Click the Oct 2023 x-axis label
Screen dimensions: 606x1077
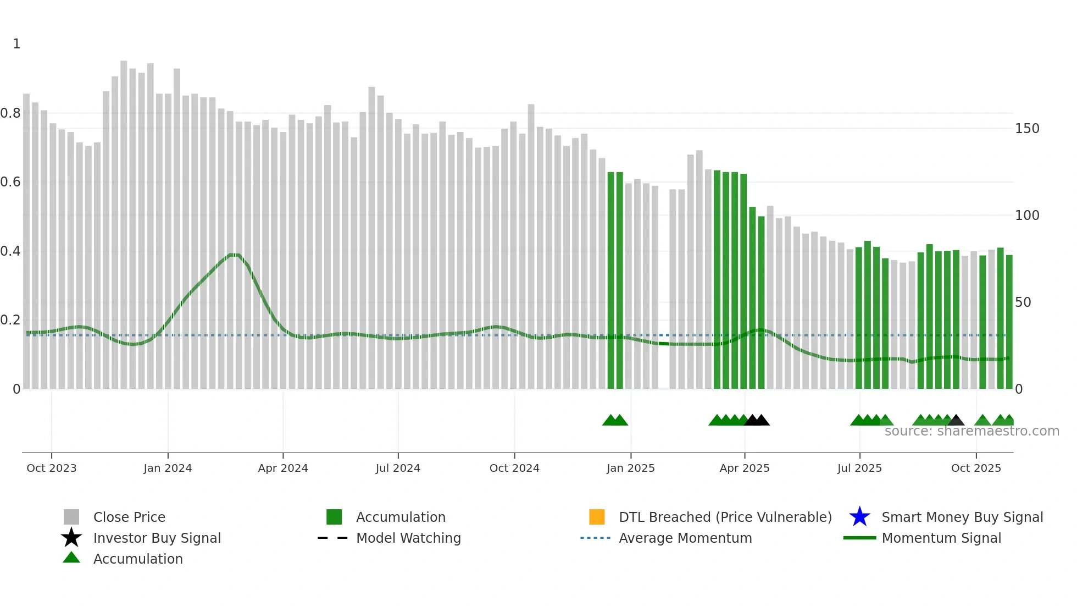(52, 468)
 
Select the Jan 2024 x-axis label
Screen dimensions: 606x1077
(168, 468)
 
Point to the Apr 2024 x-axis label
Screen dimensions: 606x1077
(283, 468)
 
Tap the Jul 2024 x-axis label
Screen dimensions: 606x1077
(398, 468)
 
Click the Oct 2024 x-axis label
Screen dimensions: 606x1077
(514, 468)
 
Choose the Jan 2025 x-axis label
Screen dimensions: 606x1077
(631, 468)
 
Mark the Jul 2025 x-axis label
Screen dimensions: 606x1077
(859, 468)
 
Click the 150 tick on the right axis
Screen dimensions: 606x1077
(1027, 129)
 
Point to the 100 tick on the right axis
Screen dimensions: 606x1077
(1027, 216)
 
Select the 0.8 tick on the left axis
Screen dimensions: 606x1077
(10, 113)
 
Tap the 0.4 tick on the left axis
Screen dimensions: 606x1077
(10, 251)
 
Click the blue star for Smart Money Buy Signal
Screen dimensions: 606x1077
(859, 517)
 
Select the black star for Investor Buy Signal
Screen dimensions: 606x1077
(71, 538)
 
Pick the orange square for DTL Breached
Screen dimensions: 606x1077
(597, 517)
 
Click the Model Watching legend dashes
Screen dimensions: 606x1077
(333, 538)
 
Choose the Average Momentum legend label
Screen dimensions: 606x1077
(685, 538)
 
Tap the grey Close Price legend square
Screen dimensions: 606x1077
(71, 517)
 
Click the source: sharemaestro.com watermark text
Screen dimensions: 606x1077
(971, 431)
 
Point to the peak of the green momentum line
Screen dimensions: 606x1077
(234, 255)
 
